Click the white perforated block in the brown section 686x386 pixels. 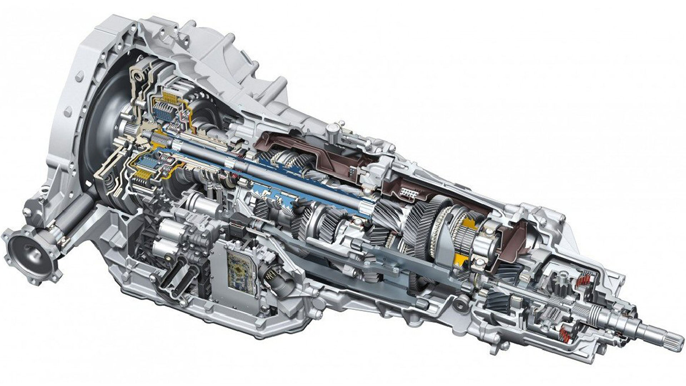pos(409,193)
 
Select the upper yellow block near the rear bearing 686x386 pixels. pos(467,225)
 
